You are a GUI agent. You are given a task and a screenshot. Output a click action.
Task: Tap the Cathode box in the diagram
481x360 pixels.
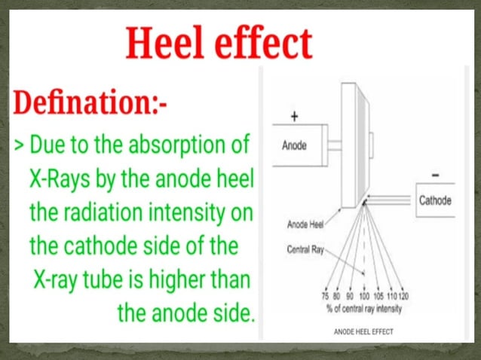click(x=435, y=200)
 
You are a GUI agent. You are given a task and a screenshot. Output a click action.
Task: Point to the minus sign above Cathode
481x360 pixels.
click(x=436, y=175)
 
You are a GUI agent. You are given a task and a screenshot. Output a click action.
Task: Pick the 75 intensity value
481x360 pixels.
click(x=324, y=297)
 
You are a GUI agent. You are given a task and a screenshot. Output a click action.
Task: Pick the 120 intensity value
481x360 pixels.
click(x=404, y=297)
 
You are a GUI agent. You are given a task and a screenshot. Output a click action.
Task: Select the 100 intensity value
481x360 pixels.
click(x=363, y=297)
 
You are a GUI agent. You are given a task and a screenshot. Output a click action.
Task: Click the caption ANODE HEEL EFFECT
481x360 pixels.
click(x=363, y=331)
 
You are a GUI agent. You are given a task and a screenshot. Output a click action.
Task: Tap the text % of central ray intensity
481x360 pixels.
click(x=363, y=308)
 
